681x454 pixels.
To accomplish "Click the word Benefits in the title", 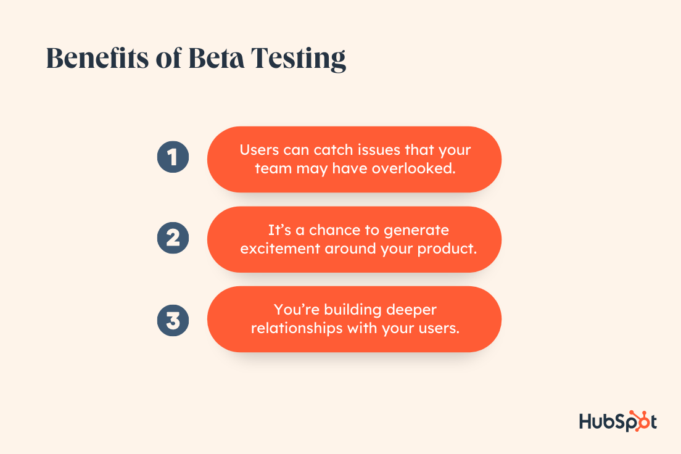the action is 97,58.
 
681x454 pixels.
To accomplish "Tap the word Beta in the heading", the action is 216,58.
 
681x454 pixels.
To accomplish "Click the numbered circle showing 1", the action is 173,157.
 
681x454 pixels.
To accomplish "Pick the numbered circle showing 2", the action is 173,238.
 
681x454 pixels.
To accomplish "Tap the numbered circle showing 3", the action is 173,321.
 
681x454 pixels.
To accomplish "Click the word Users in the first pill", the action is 259,150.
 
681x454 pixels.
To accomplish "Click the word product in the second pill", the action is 447,249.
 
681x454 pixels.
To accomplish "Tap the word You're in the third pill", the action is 297,309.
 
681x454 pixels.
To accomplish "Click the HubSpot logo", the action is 617,421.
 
